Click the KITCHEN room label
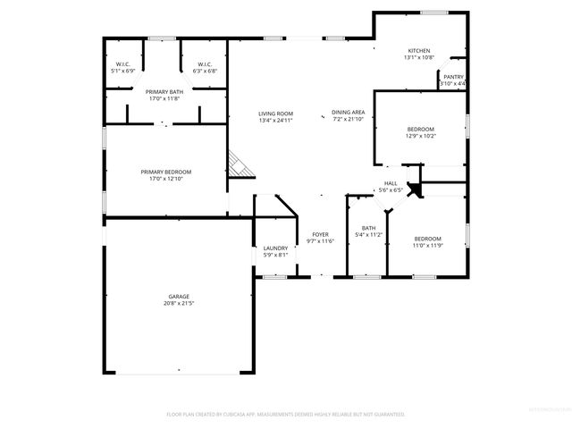pos(418,51)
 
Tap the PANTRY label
pos(453,77)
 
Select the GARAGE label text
pos(179,297)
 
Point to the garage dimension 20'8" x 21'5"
pos(179,304)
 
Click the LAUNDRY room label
pos(274,248)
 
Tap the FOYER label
pos(319,234)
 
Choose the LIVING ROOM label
pos(275,114)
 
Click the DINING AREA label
pos(348,112)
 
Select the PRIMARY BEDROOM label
pos(165,172)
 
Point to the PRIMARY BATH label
pos(164,92)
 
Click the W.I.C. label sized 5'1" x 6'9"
pos(122,63)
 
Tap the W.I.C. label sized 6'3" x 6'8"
pos(204,63)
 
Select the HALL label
pos(391,182)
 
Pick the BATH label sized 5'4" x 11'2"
pos(368,228)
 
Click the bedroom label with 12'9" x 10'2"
pos(420,129)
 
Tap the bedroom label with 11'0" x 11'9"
pos(427,239)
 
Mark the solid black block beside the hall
pos(414,189)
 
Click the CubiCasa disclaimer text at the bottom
pos(286,415)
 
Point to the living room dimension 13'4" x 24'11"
pos(275,120)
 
